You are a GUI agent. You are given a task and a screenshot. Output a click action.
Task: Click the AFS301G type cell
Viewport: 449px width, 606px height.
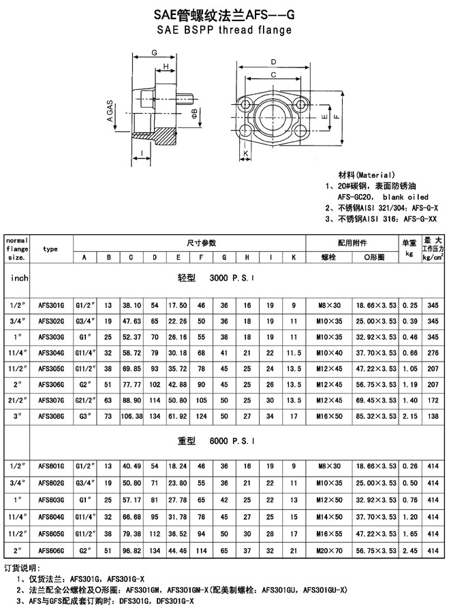pos(51,305)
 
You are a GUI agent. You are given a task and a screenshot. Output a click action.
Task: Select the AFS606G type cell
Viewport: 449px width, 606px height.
pos(51,551)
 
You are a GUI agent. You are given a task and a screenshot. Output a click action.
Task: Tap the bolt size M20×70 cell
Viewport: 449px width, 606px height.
pos(329,551)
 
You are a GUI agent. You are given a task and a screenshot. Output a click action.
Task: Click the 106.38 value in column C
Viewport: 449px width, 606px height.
pos(132,416)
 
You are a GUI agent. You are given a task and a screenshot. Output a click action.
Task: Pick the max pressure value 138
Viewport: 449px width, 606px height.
pos(433,416)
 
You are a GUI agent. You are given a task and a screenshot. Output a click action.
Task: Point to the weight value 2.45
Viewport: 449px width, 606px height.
pos(410,551)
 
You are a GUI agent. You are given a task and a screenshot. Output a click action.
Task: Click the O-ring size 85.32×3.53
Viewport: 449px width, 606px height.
pos(376,416)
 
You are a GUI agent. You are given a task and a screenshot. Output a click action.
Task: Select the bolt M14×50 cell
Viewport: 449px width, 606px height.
pos(329,517)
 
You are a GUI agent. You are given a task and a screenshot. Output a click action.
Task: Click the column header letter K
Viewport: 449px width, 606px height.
pos(294,257)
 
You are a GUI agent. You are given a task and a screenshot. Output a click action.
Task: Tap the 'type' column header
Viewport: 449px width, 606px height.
pos(50,249)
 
